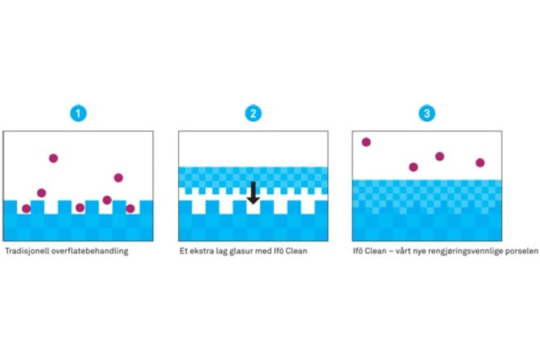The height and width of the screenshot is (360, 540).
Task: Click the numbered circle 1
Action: [x=77, y=113]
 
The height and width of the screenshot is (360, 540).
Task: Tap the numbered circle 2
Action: [x=253, y=113]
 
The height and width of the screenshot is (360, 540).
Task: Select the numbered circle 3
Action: [x=427, y=113]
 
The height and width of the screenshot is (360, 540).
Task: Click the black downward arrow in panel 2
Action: [x=253, y=193]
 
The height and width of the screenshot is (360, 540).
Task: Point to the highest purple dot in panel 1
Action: [x=53, y=158]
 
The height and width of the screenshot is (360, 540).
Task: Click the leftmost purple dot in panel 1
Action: [x=26, y=209]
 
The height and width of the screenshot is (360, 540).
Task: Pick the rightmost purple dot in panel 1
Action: [x=130, y=209]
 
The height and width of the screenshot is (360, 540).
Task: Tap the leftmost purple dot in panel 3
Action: [x=366, y=142]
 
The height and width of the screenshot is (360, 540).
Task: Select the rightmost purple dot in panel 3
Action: [x=480, y=163]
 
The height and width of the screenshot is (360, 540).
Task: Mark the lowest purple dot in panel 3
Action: [x=413, y=167]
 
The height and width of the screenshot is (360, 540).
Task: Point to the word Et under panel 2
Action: [x=184, y=251]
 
